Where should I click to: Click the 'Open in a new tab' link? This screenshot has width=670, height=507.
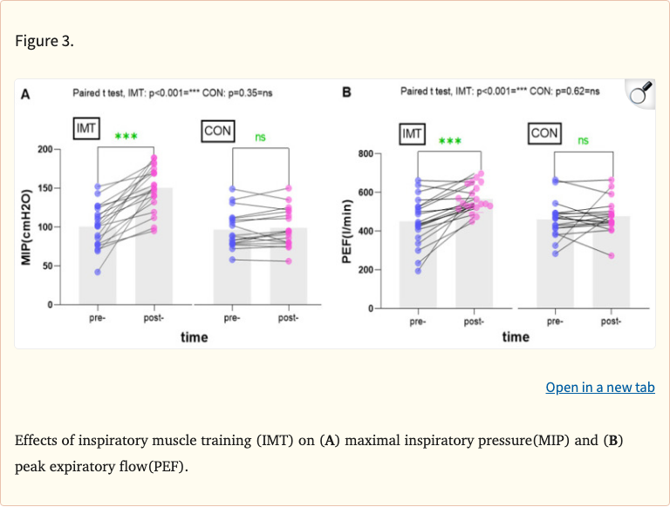(x=600, y=388)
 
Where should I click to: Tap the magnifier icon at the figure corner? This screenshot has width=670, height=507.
(x=641, y=93)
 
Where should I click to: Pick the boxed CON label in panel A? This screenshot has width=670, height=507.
(x=217, y=131)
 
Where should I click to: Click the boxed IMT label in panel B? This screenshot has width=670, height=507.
(x=413, y=134)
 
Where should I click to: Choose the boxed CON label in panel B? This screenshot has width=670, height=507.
(x=544, y=133)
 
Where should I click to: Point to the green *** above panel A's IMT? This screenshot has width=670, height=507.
(x=126, y=138)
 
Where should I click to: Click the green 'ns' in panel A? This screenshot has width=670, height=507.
(x=260, y=137)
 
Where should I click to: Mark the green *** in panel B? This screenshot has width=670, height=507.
(x=450, y=141)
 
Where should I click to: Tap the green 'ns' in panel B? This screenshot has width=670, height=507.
(x=583, y=140)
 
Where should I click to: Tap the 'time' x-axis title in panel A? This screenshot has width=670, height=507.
(x=194, y=337)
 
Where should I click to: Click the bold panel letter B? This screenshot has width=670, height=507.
(x=347, y=92)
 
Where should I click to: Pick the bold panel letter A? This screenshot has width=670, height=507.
(x=26, y=94)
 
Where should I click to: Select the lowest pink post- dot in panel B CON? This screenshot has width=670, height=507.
(x=610, y=255)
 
